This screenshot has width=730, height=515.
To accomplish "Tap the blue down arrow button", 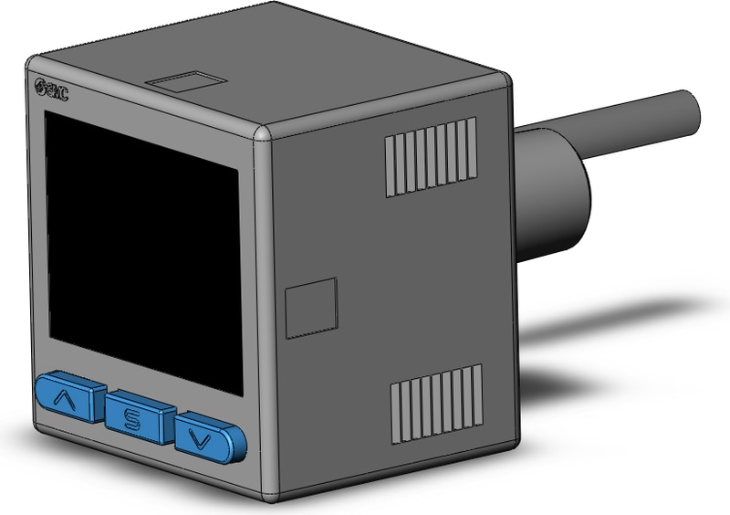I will pyautogui.click(x=210, y=436).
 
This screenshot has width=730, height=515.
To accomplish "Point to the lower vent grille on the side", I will pyautogui.click(x=436, y=404).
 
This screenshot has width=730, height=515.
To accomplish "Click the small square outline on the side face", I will pyautogui.click(x=311, y=309).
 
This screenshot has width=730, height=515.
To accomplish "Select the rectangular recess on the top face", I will pyautogui.click(x=185, y=84).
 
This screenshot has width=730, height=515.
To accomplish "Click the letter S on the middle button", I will pyautogui.click(x=132, y=419).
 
